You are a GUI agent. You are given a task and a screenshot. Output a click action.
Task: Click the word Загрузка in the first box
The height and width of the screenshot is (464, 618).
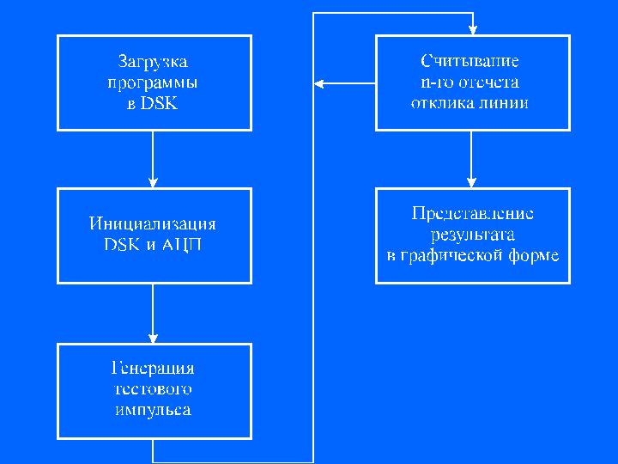(154, 62)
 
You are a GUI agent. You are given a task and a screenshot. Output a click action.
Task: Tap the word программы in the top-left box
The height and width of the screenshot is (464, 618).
(154, 83)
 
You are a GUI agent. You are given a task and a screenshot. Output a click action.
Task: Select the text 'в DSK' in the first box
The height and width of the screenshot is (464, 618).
(154, 104)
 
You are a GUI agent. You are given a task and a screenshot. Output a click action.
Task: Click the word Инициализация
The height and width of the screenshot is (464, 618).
(153, 223)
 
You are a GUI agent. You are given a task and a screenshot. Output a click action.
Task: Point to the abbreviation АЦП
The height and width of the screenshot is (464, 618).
(183, 244)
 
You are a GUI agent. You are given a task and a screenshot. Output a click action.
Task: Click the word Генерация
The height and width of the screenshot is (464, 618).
(154, 369)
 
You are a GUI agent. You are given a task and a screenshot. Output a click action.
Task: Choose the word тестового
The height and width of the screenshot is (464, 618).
(154, 389)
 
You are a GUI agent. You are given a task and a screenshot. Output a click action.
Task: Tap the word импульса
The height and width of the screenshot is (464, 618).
(154, 410)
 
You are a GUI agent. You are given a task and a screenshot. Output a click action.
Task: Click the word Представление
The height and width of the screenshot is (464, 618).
(473, 213)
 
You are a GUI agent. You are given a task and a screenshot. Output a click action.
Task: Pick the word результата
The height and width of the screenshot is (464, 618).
(473, 234)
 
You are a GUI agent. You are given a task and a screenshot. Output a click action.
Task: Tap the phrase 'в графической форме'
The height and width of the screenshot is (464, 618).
(473, 255)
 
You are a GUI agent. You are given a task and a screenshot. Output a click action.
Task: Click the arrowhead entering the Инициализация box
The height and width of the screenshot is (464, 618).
(153, 183)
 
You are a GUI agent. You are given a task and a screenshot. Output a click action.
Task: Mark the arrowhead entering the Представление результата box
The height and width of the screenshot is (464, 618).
(470, 183)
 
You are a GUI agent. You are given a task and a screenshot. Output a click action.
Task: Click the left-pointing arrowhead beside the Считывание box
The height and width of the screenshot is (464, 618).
(318, 83)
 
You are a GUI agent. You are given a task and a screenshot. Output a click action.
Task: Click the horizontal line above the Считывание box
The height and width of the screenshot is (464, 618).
(391, 14)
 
